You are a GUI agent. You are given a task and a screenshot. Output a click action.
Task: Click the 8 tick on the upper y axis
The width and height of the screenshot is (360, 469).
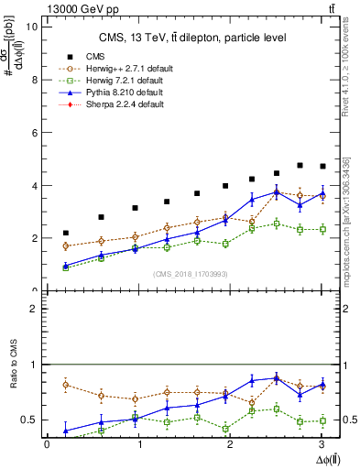(35, 80)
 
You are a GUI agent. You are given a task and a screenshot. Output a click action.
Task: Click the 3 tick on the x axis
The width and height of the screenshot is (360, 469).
(324, 444)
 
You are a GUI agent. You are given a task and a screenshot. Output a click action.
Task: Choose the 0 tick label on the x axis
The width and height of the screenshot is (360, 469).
(47, 444)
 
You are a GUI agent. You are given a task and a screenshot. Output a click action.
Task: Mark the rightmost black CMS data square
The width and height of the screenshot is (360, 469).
(322, 166)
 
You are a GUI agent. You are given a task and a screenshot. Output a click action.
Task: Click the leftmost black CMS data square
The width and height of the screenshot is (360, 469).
(65, 233)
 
